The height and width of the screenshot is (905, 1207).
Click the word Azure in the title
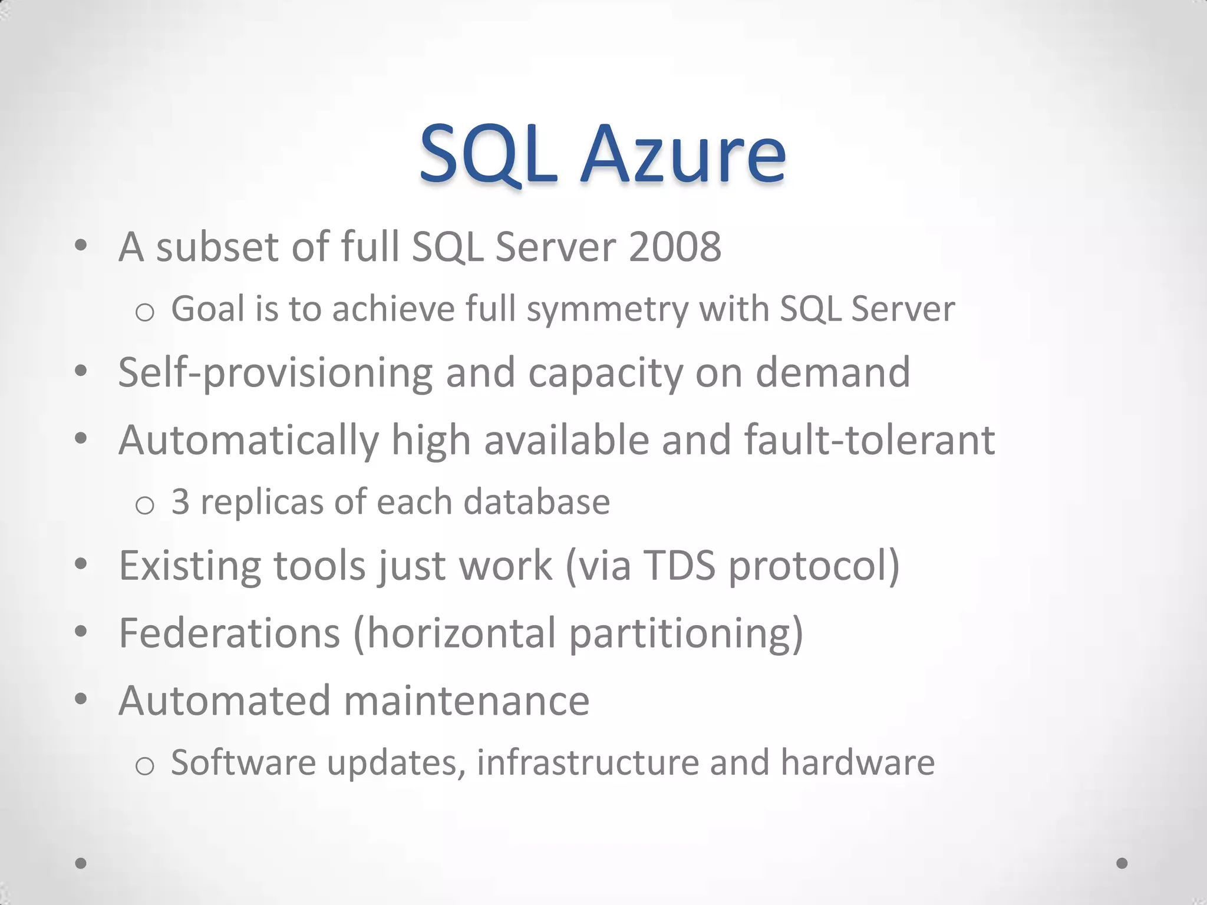pyautogui.click(x=683, y=154)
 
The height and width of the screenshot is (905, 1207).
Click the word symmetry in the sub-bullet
pyautogui.click(x=607, y=309)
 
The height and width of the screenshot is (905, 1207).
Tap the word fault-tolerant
pyautogui.click(x=869, y=440)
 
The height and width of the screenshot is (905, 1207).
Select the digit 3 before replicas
pyautogui.click(x=180, y=502)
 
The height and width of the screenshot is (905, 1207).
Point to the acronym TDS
pyautogui.click(x=679, y=566)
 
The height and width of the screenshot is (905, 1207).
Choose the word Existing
pyautogui.click(x=190, y=566)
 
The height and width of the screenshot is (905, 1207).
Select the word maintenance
pyautogui.click(x=466, y=701)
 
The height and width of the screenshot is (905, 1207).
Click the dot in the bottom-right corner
pyautogui.click(x=1122, y=863)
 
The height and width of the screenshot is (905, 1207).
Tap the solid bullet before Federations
pyautogui.click(x=81, y=632)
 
